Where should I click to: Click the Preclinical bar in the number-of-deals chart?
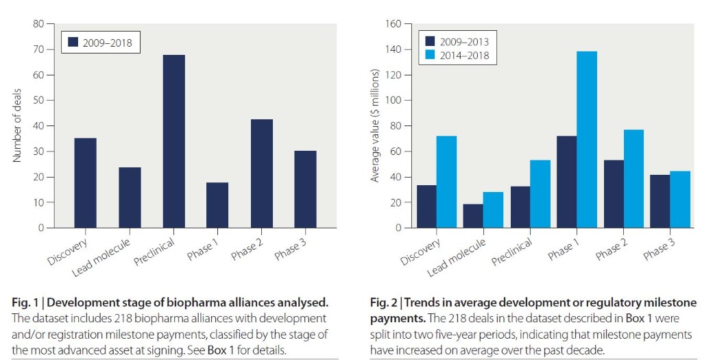173,141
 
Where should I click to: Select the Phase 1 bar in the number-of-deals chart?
217,205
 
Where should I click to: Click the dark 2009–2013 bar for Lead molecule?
473,216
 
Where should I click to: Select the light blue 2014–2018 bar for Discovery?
446,182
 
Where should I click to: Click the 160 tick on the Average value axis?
392,24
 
